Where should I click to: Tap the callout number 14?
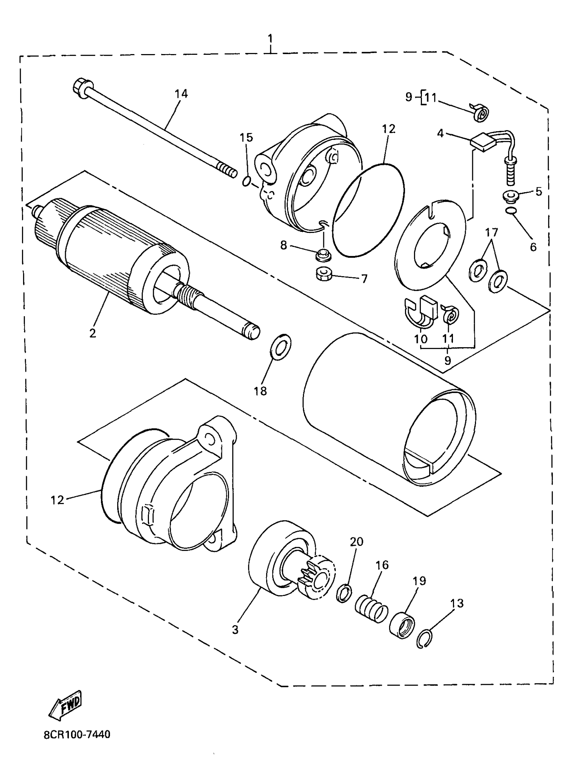point(181,94)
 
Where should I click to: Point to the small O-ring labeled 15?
point(246,182)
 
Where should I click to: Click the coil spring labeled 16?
point(371,617)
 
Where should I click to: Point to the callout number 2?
point(92,333)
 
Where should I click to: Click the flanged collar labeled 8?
point(323,256)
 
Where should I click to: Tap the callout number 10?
point(421,339)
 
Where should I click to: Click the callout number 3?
point(235,630)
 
